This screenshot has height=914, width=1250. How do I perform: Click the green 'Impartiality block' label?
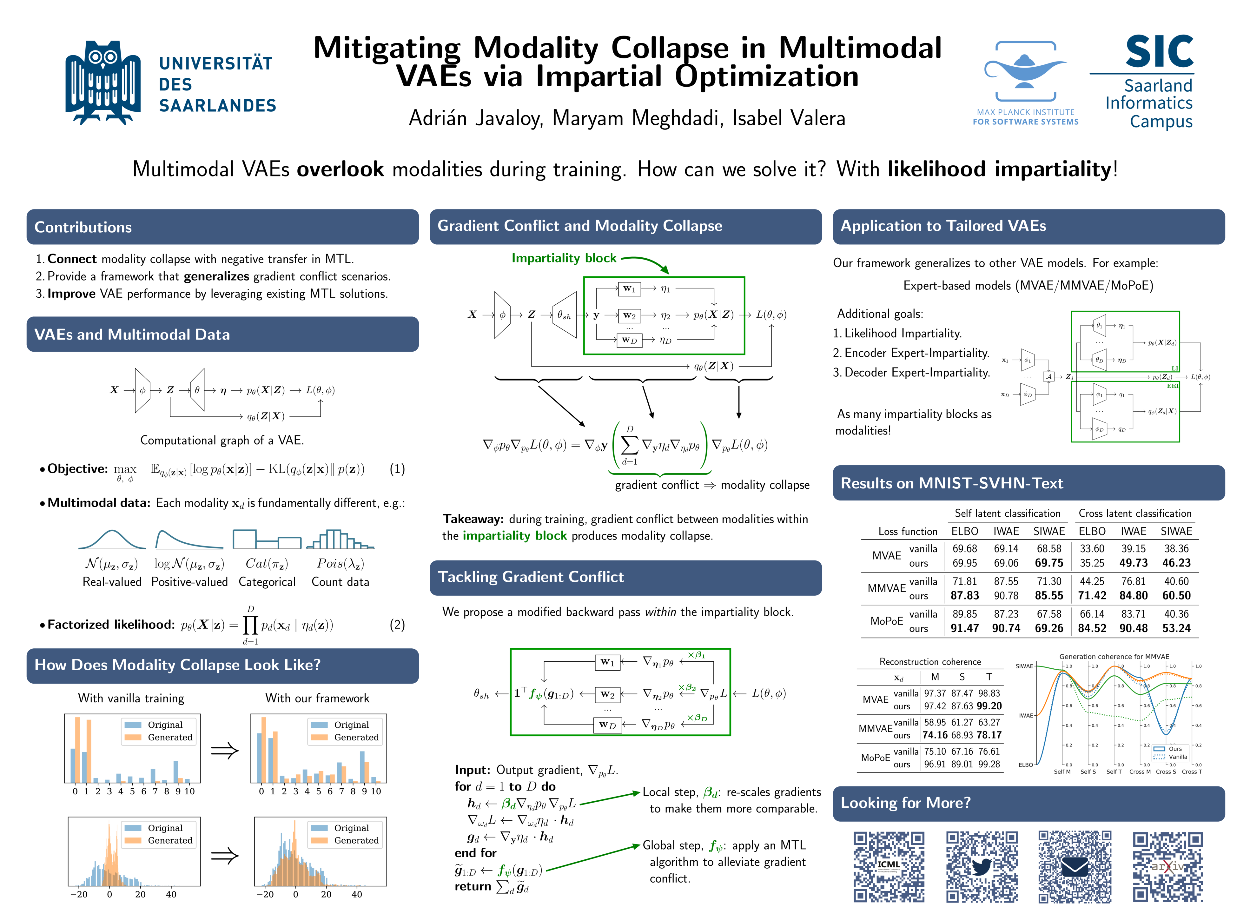(x=564, y=258)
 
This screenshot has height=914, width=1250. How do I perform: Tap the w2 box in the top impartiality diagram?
(x=629, y=315)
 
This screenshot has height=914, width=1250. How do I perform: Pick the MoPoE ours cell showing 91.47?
(x=965, y=628)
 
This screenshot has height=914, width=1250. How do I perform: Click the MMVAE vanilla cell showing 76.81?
(x=1133, y=581)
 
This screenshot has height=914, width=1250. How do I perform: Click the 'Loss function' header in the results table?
(x=908, y=532)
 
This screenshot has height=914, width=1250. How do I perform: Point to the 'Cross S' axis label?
(x=1165, y=772)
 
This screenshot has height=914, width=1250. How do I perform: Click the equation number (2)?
(x=397, y=625)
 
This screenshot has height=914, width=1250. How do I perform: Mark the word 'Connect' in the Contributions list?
(x=72, y=259)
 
